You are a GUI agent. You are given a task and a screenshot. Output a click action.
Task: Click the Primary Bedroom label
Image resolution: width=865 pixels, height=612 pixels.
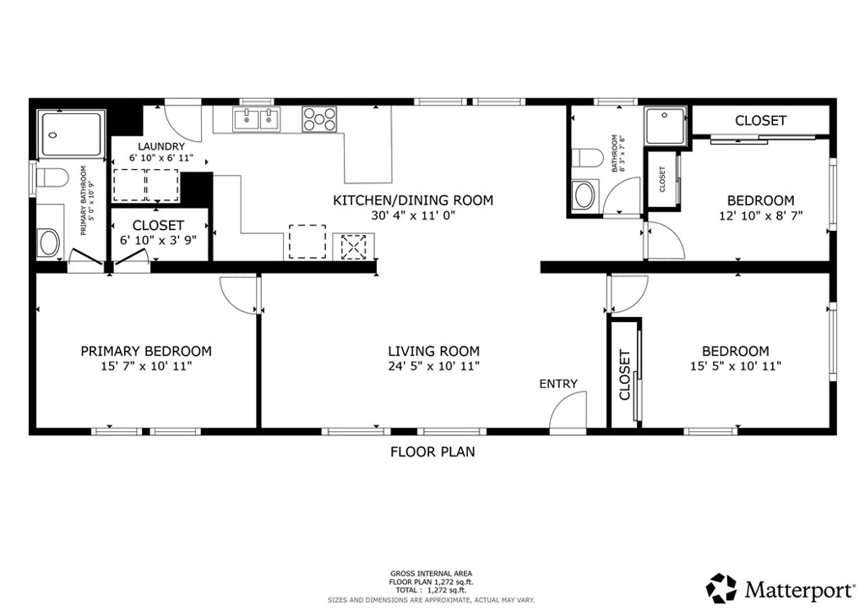145,351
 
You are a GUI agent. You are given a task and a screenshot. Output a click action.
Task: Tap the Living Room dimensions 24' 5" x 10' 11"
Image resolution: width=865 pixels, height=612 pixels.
433,366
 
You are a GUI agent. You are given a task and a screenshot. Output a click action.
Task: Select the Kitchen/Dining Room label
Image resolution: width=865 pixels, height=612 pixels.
412,200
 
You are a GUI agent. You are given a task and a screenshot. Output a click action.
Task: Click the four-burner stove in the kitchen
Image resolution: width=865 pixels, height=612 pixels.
318,118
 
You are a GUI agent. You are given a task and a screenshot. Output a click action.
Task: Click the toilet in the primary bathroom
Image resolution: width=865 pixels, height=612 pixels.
52,179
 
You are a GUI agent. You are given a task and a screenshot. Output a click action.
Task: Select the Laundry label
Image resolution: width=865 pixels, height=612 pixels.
161,146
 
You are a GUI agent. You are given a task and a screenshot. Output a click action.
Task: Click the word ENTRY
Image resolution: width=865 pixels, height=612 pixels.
558,384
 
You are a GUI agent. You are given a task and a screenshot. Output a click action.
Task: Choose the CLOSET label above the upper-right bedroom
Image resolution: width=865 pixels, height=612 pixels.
760,121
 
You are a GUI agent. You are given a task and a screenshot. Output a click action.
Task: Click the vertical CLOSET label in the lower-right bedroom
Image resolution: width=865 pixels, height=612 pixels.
625,375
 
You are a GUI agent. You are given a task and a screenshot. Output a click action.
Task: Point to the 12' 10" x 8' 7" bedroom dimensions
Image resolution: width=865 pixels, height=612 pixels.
760,216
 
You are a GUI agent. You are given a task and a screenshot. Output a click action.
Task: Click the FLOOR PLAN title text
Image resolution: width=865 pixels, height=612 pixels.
432,451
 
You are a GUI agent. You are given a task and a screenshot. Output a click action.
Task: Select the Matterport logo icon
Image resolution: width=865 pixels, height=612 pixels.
721,587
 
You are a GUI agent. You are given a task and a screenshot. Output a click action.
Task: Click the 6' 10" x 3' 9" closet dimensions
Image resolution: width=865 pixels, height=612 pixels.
158,240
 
